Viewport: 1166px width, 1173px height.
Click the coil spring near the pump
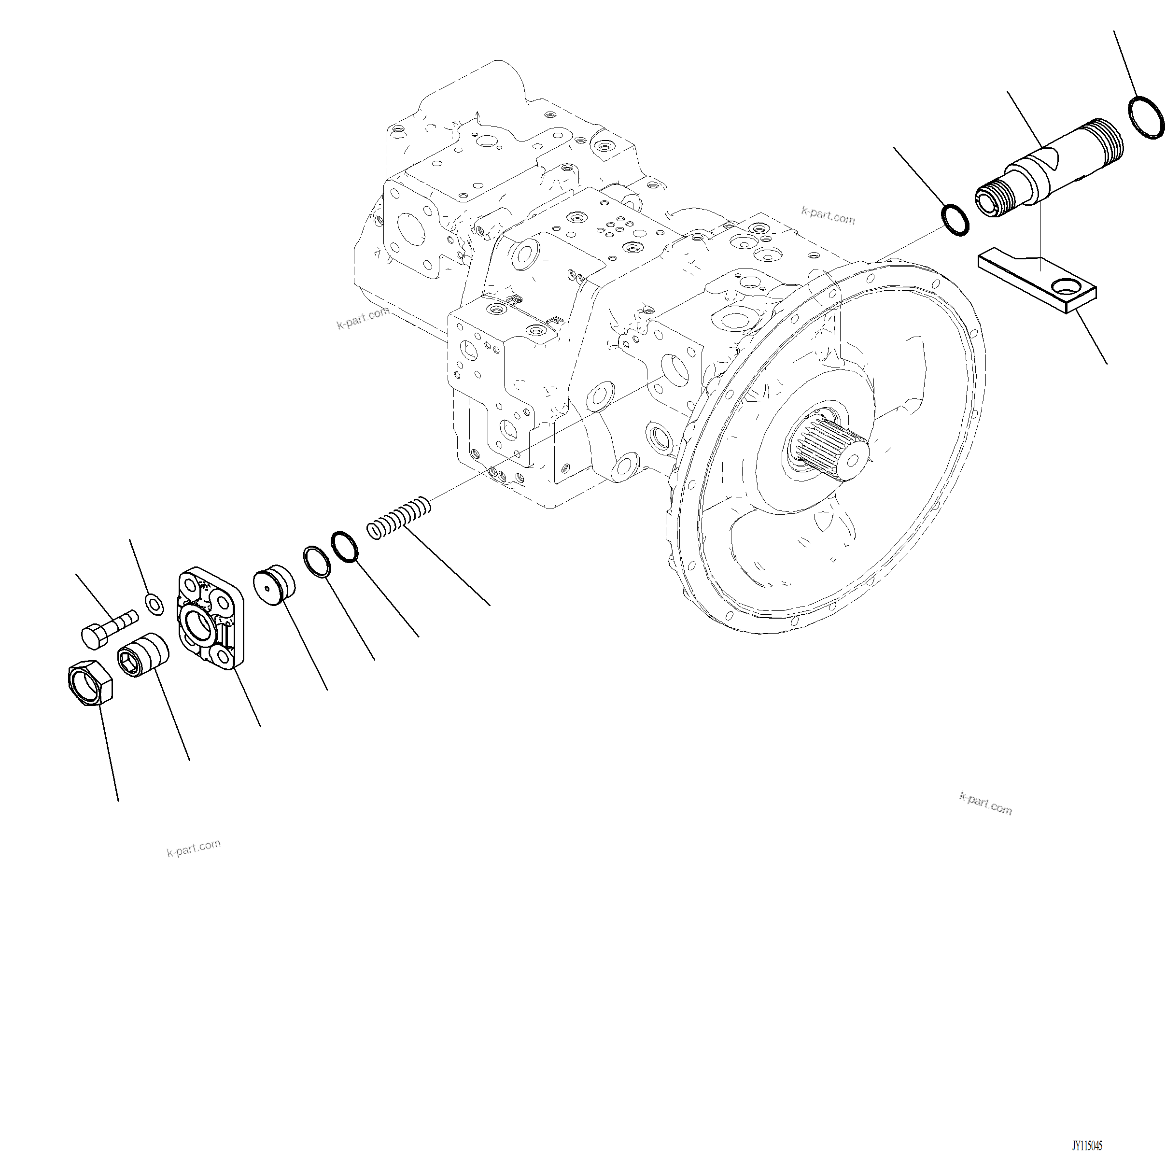399,517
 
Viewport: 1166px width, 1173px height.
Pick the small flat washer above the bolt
154,604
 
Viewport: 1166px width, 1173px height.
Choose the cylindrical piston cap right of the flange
274,585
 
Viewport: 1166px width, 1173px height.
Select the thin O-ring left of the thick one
317,562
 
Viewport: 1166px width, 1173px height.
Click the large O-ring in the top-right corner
1146,117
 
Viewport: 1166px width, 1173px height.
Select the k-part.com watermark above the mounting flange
828,215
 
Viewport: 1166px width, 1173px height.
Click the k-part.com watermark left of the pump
363,318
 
